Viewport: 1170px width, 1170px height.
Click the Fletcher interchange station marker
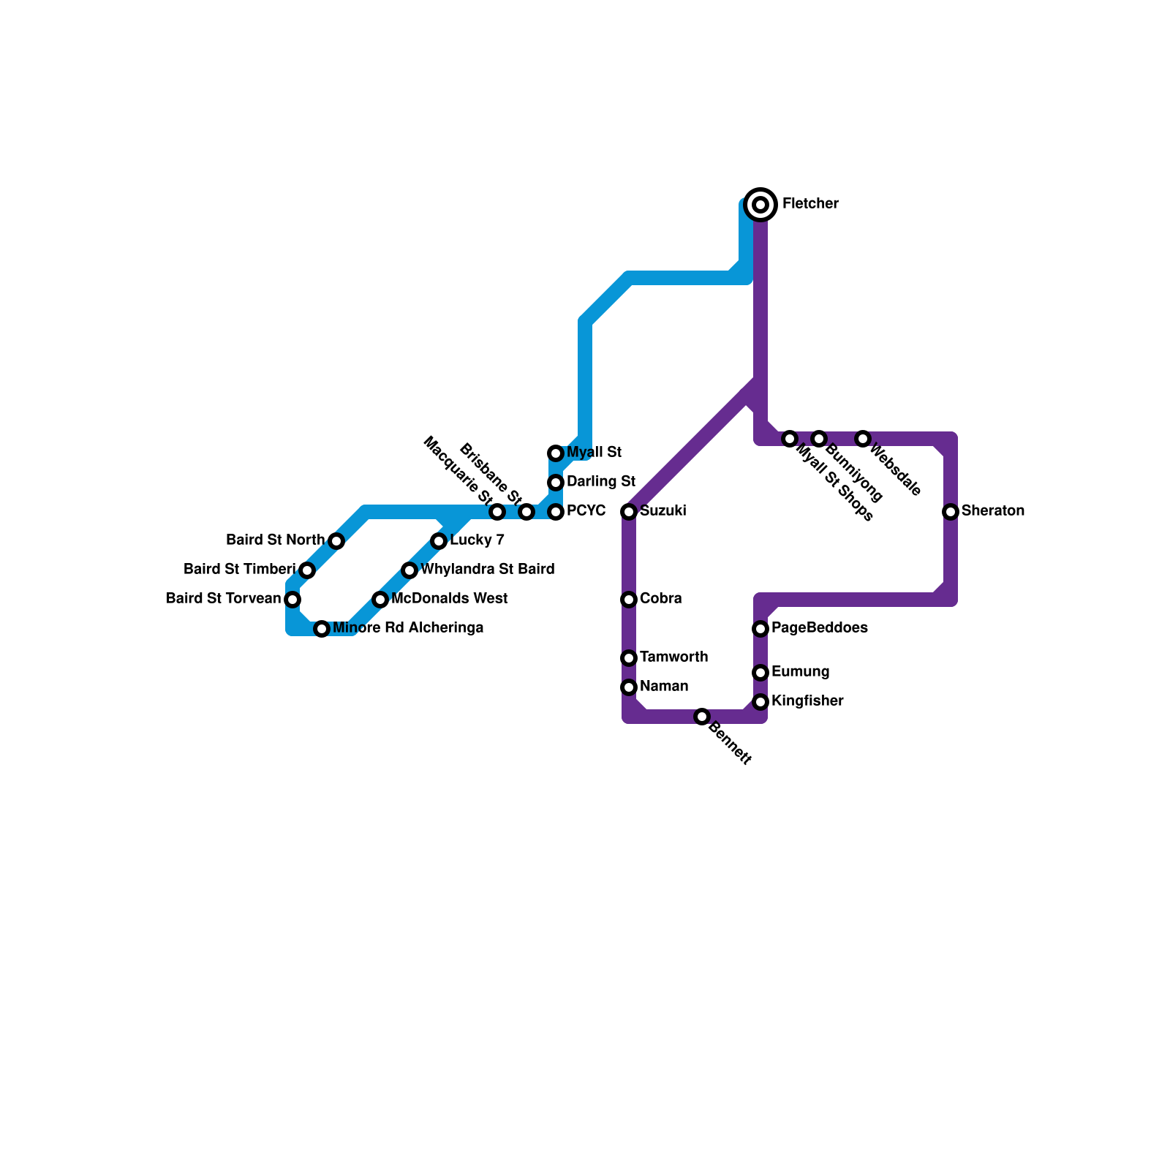click(x=760, y=204)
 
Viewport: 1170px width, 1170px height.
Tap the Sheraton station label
click(x=992, y=511)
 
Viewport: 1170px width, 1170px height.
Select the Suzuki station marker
click(x=629, y=512)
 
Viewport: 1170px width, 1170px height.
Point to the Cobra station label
click(x=660, y=599)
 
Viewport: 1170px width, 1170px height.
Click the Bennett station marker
click(x=702, y=717)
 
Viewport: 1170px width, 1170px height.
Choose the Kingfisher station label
click(x=807, y=701)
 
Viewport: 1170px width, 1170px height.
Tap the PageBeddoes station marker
click(x=760, y=629)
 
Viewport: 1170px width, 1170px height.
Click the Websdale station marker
click(x=863, y=439)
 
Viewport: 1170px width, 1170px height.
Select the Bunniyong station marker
click(x=819, y=439)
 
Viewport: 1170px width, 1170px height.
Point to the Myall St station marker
click(x=556, y=453)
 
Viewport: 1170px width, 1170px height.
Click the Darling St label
click(x=600, y=482)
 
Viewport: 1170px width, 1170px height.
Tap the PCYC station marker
click(x=556, y=512)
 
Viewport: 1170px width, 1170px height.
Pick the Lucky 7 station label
click(x=477, y=540)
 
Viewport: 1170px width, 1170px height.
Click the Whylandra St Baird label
click(x=487, y=570)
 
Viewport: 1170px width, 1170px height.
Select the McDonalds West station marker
click(x=380, y=600)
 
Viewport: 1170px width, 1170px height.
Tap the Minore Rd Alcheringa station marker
click(x=322, y=629)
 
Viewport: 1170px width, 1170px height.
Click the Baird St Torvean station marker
click(x=292, y=600)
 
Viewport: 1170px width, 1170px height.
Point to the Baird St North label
click(x=275, y=540)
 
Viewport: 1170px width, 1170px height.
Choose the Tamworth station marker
click(x=629, y=658)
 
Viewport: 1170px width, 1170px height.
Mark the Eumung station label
click(x=800, y=672)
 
